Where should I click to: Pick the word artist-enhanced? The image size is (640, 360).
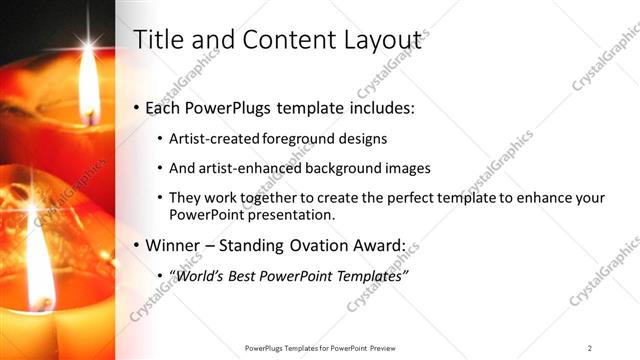click(x=246, y=168)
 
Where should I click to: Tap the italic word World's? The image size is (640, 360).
click(x=201, y=275)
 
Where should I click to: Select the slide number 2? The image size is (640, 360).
click(x=590, y=347)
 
